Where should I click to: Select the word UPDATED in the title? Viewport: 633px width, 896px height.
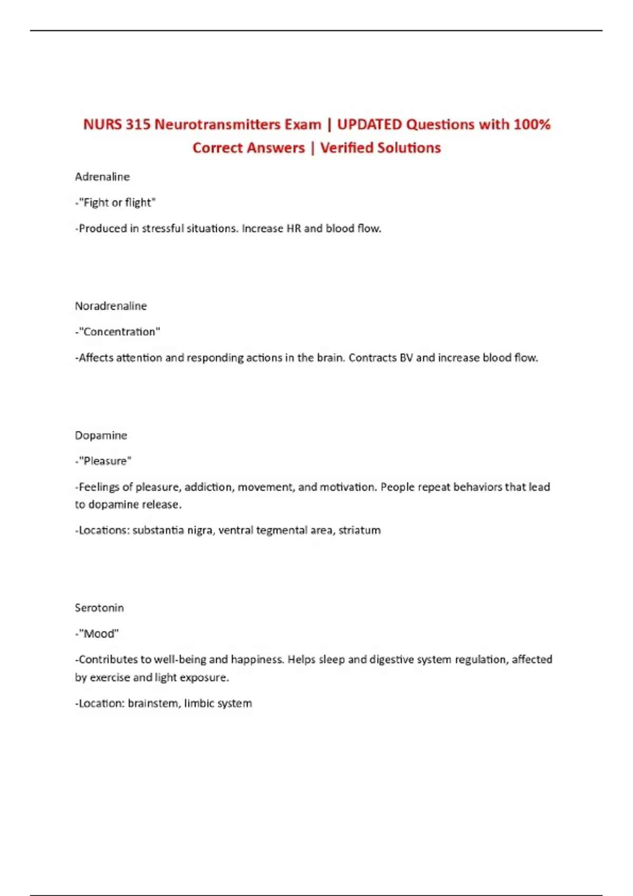point(369,124)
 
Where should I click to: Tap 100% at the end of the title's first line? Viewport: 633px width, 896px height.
point(532,124)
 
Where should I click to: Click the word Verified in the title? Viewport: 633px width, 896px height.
point(349,148)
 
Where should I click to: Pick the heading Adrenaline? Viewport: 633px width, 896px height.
point(102,177)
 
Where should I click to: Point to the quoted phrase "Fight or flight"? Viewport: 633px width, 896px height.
point(117,202)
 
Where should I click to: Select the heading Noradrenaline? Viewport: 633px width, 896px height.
point(111,306)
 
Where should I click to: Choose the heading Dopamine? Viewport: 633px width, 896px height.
point(101,435)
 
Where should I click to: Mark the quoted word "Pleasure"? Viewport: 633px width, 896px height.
point(105,461)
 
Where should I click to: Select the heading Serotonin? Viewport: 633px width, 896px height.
point(99,608)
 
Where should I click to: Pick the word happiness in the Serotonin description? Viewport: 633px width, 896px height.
point(257,659)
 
